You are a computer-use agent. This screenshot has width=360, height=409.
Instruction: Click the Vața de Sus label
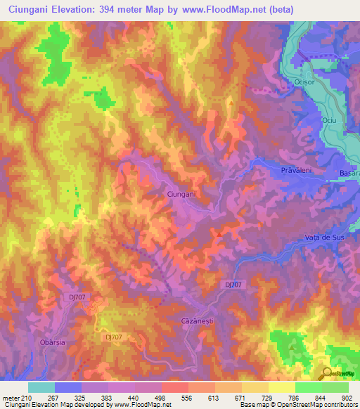coord(326,238)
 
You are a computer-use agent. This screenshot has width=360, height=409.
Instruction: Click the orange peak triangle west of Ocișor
coord(231,103)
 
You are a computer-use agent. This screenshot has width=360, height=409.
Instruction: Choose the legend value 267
coord(44,398)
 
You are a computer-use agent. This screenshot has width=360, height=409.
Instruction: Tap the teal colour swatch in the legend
coord(41,387)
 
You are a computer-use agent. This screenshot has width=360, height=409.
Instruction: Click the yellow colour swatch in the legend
coord(281,387)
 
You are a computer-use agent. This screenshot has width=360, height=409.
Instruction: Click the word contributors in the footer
coord(340,405)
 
